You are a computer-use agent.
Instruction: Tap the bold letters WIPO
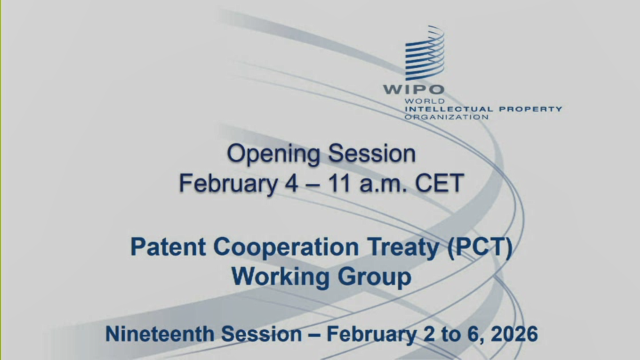coord(414,90)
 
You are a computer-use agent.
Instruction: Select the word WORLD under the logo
coord(425,101)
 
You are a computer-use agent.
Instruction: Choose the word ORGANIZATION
coord(447,117)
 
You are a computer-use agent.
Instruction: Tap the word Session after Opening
coord(372,154)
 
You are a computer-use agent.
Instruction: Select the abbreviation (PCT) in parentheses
coord(479,248)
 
